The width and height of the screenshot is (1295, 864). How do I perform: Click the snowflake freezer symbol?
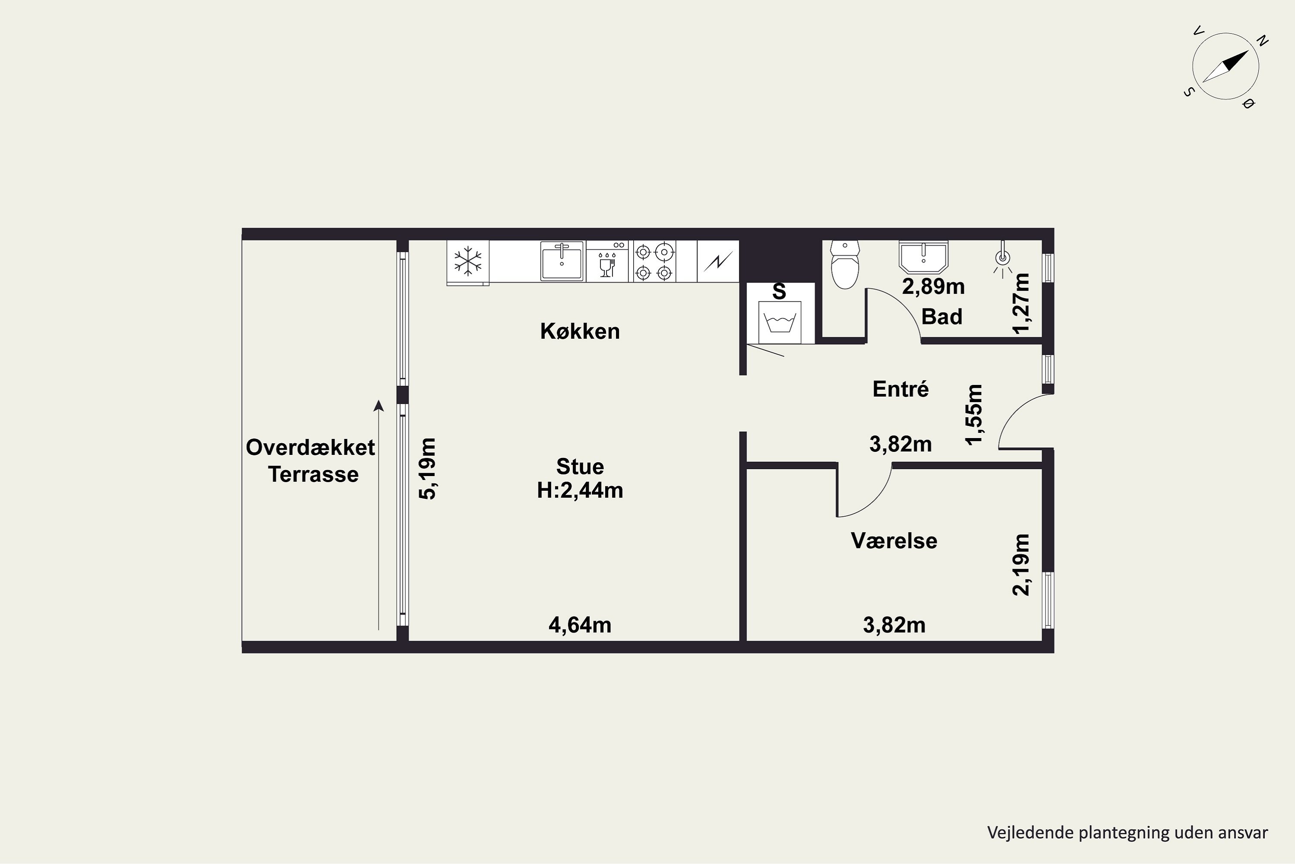click(x=467, y=261)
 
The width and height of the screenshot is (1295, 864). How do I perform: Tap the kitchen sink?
click(x=562, y=261)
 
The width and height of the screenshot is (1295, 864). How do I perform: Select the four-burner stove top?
click(x=654, y=262)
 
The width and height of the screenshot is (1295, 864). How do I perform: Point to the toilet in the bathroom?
click(x=845, y=264)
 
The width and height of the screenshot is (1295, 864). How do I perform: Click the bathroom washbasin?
click(x=923, y=257)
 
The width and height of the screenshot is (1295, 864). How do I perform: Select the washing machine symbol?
click(x=780, y=322)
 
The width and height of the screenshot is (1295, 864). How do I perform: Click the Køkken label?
click(x=580, y=331)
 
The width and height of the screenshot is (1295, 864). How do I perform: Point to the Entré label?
click(x=901, y=389)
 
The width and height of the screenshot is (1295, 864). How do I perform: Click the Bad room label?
click(x=942, y=317)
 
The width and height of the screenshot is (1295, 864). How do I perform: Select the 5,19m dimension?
click(x=428, y=468)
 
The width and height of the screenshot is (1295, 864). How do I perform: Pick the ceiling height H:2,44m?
click(x=580, y=490)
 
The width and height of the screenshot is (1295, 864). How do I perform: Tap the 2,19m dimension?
click(x=1021, y=564)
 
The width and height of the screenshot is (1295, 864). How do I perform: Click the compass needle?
click(x=1226, y=66)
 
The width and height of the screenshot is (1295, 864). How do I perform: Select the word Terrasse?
click(x=313, y=474)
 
